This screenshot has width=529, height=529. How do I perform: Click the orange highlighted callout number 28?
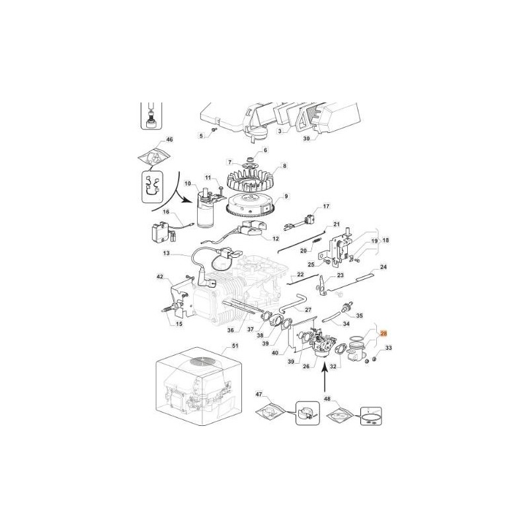[x=384, y=335]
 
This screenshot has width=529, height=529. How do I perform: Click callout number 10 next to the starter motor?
[x=187, y=183]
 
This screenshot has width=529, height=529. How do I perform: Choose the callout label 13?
[x=166, y=253]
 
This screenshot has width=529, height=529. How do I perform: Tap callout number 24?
[x=384, y=266]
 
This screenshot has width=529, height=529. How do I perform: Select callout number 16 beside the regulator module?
[x=166, y=212]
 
